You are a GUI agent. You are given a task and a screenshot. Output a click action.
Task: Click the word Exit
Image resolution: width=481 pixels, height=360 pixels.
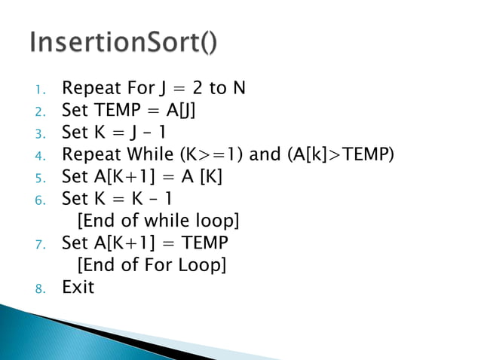[x=78, y=286]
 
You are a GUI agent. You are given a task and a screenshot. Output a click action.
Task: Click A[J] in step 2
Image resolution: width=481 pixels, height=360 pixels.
[x=184, y=111]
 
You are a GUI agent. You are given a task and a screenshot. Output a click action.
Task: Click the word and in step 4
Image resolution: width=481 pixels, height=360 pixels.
[x=265, y=154]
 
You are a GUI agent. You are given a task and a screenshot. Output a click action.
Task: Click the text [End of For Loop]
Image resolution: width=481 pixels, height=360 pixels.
[x=152, y=264]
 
